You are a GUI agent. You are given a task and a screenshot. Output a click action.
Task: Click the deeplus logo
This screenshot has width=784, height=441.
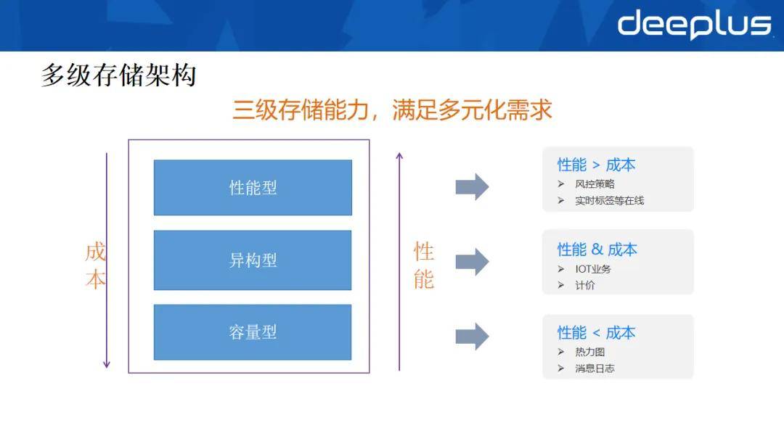tap(694, 25)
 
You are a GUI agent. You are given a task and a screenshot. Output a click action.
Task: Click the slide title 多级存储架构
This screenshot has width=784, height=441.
tap(118, 75)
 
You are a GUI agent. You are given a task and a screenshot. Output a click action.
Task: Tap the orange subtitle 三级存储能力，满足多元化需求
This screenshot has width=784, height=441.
tap(393, 110)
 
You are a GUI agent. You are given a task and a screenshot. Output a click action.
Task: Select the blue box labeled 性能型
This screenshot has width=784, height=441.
tap(253, 187)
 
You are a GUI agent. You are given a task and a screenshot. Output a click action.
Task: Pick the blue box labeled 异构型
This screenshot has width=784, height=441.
tap(253, 260)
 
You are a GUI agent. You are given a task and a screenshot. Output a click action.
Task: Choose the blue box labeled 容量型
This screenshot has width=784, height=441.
tap(253, 332)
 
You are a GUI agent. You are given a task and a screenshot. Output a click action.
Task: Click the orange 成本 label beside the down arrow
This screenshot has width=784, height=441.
tap(95, 265)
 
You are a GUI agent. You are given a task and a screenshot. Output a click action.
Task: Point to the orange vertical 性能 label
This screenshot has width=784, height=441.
tap(423, 265)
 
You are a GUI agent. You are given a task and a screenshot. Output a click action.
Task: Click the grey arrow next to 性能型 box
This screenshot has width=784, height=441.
tap(472, 187)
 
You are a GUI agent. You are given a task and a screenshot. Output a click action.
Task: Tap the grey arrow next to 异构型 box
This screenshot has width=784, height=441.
tap(472, 262)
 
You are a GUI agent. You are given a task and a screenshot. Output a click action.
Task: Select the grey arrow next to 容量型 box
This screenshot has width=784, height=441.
tap(472, 336)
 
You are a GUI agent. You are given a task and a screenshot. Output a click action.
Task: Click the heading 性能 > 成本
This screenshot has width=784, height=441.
tap(596, 165)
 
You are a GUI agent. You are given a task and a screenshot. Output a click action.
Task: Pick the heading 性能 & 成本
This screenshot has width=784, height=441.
tap(597, 250)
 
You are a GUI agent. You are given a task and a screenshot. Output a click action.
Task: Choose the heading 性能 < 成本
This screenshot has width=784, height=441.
tap(596, 333)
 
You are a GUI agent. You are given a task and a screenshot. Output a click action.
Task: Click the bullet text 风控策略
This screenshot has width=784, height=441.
tap(595, 184)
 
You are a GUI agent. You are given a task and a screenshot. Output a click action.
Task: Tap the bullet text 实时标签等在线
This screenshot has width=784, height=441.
tap(610, 200)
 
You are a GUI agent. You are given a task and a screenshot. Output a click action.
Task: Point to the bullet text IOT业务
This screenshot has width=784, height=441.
tap(593, 268)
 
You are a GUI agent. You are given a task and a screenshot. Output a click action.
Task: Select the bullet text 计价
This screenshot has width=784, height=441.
tap(585, 285)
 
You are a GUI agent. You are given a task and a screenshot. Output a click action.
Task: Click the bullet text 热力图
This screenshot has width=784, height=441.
tap(590, 352)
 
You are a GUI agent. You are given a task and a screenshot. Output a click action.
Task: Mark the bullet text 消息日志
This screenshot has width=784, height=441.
tap(595, 368)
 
